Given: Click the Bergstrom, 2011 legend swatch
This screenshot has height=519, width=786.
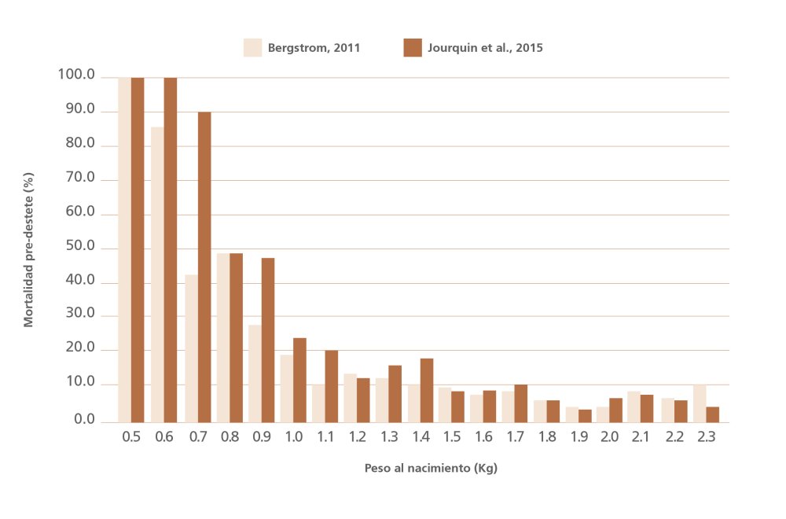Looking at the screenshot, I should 252,47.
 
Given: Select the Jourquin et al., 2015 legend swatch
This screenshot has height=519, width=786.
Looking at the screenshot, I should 413,47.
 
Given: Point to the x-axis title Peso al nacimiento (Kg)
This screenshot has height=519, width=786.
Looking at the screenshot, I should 431,468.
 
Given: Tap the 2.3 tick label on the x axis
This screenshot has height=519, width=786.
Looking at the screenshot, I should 706,436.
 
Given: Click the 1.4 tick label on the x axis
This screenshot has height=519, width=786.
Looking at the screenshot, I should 420,436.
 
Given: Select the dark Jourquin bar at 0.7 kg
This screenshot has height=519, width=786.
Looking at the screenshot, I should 204,267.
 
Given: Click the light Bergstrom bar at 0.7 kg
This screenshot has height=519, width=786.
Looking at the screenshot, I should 191,348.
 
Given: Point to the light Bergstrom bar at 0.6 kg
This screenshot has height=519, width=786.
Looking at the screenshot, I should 157,274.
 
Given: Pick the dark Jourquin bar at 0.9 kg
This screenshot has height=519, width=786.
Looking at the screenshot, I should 268,340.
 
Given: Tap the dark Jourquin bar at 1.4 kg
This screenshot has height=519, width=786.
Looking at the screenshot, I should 427,390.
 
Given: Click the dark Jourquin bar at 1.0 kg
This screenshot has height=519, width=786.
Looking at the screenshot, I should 299,380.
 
